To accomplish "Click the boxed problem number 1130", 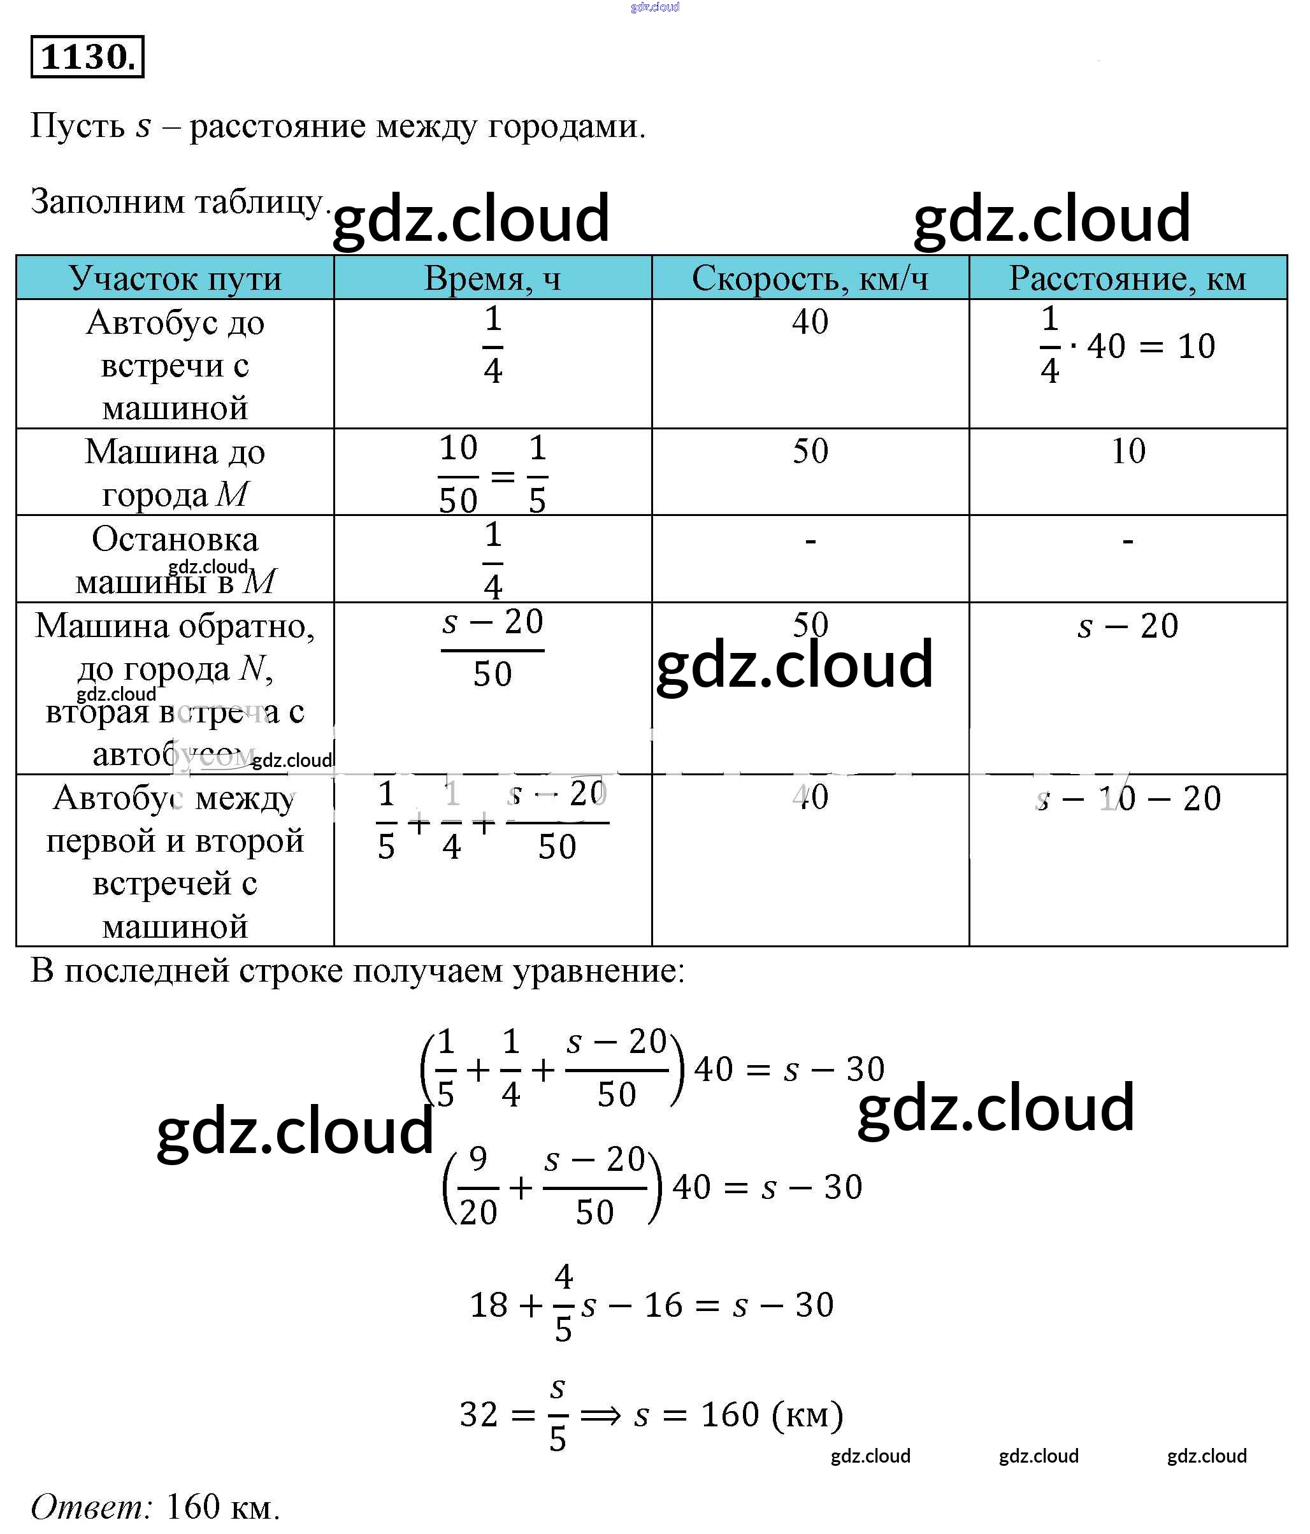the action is (87, 57).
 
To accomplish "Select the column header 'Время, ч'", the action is (493, 279).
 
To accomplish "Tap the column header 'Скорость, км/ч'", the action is (809, 279).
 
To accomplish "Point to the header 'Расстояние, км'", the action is (1127, 279).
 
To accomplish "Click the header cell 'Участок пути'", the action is (175, 279).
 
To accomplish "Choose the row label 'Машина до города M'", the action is (175, 472).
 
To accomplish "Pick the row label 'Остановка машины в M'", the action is (175, 560).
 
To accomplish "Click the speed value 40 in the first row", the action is (809, 323).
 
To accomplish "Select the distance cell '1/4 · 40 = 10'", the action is (1127, 346).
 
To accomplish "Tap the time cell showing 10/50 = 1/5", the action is (493, 474).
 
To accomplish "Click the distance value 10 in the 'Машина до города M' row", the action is (1127, 452).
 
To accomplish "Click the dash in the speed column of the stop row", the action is (810, 541).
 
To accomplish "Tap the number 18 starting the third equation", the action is (489, 1305).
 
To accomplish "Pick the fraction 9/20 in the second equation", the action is (478, 1186).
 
